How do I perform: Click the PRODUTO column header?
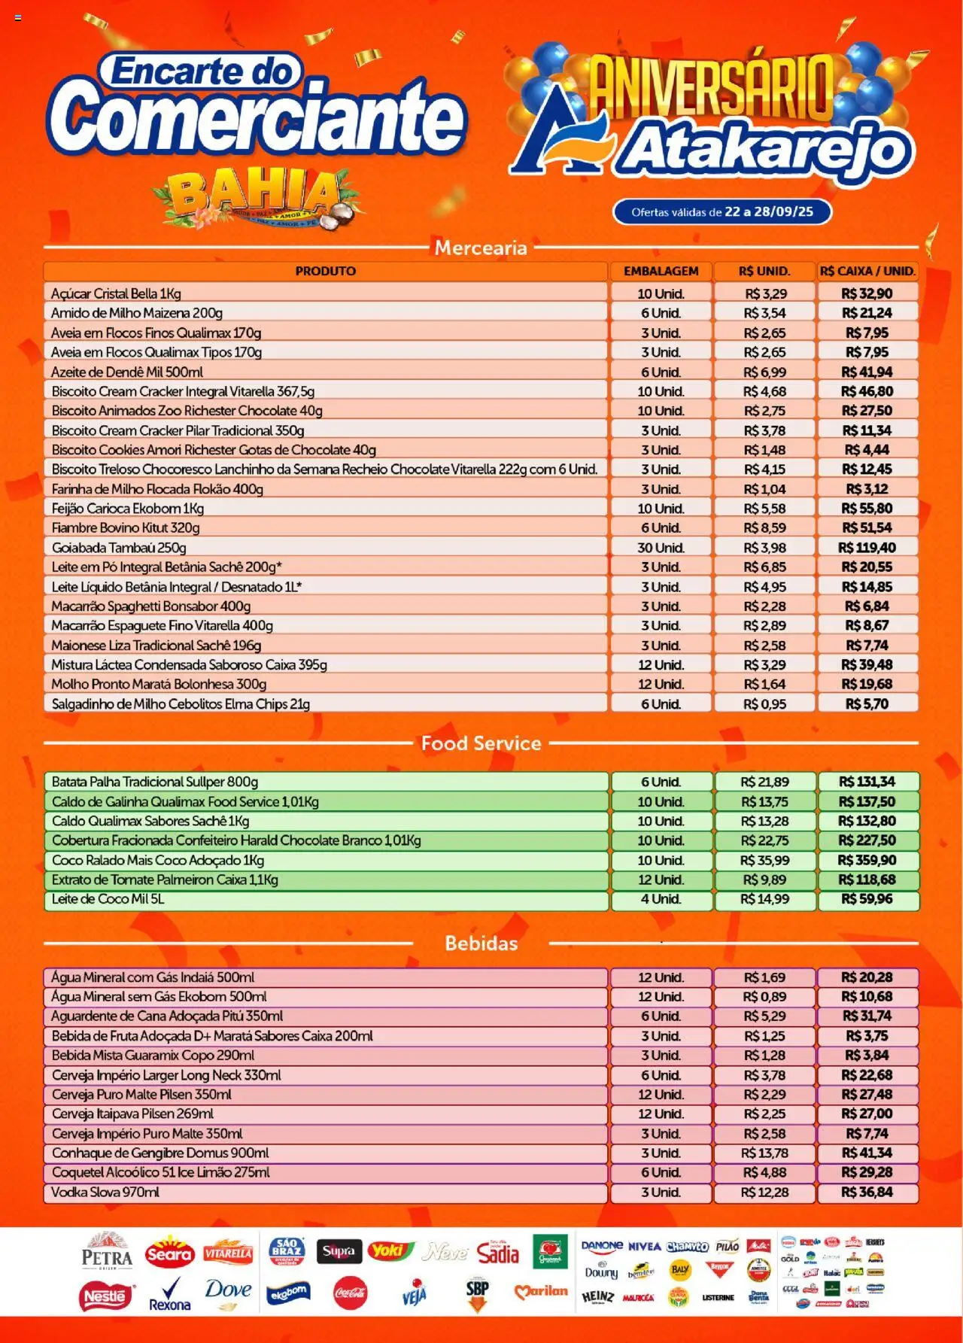point(325,271)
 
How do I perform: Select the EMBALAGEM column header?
point(661,271)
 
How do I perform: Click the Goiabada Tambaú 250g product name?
point(119,548)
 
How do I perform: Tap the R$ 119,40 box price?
point(867,548)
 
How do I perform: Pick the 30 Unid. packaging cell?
point(661,548)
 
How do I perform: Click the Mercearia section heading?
point(481,248)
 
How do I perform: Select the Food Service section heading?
point(481,743)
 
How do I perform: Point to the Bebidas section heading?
point(481,943)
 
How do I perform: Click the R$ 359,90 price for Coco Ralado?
point(867,860)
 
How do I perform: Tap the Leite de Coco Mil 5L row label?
point(108,899)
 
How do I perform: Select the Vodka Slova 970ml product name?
point(105,1192)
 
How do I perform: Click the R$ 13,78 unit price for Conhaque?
point(764,1153)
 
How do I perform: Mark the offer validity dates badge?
point(722,212)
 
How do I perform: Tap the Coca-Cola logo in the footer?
point(350,1293)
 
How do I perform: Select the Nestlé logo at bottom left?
point(105,1296)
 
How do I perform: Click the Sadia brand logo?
point(498,1253)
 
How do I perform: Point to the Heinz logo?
point(597,1297)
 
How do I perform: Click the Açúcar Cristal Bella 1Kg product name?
point(116,293)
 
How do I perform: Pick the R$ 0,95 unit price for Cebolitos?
point(764,704)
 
